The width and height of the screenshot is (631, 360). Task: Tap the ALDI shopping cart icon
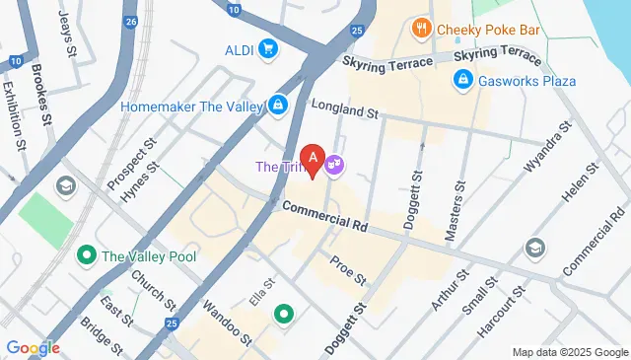point(267,48)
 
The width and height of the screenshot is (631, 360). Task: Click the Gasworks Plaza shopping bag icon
point(461,80)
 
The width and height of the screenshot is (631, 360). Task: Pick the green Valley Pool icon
point(87,256)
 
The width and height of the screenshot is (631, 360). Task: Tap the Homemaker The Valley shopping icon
point(279,105)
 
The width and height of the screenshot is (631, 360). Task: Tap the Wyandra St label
point(547,149)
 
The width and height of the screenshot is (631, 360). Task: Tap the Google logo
point(33,347)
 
